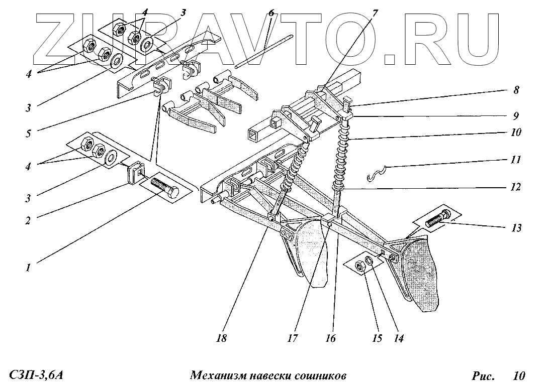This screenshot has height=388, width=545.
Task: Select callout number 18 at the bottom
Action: pyautogui.click(x=222, y=338)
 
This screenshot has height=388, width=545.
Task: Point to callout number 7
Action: pyautogui.click(x=375, y=12)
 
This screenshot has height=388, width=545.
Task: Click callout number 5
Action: pyautogui.click(x=29, y=135)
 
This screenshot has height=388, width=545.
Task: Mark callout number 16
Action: pyautogui.click(x=330, y=338)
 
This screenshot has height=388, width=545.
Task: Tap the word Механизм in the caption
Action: pyautogui.click(x=219, y=375)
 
